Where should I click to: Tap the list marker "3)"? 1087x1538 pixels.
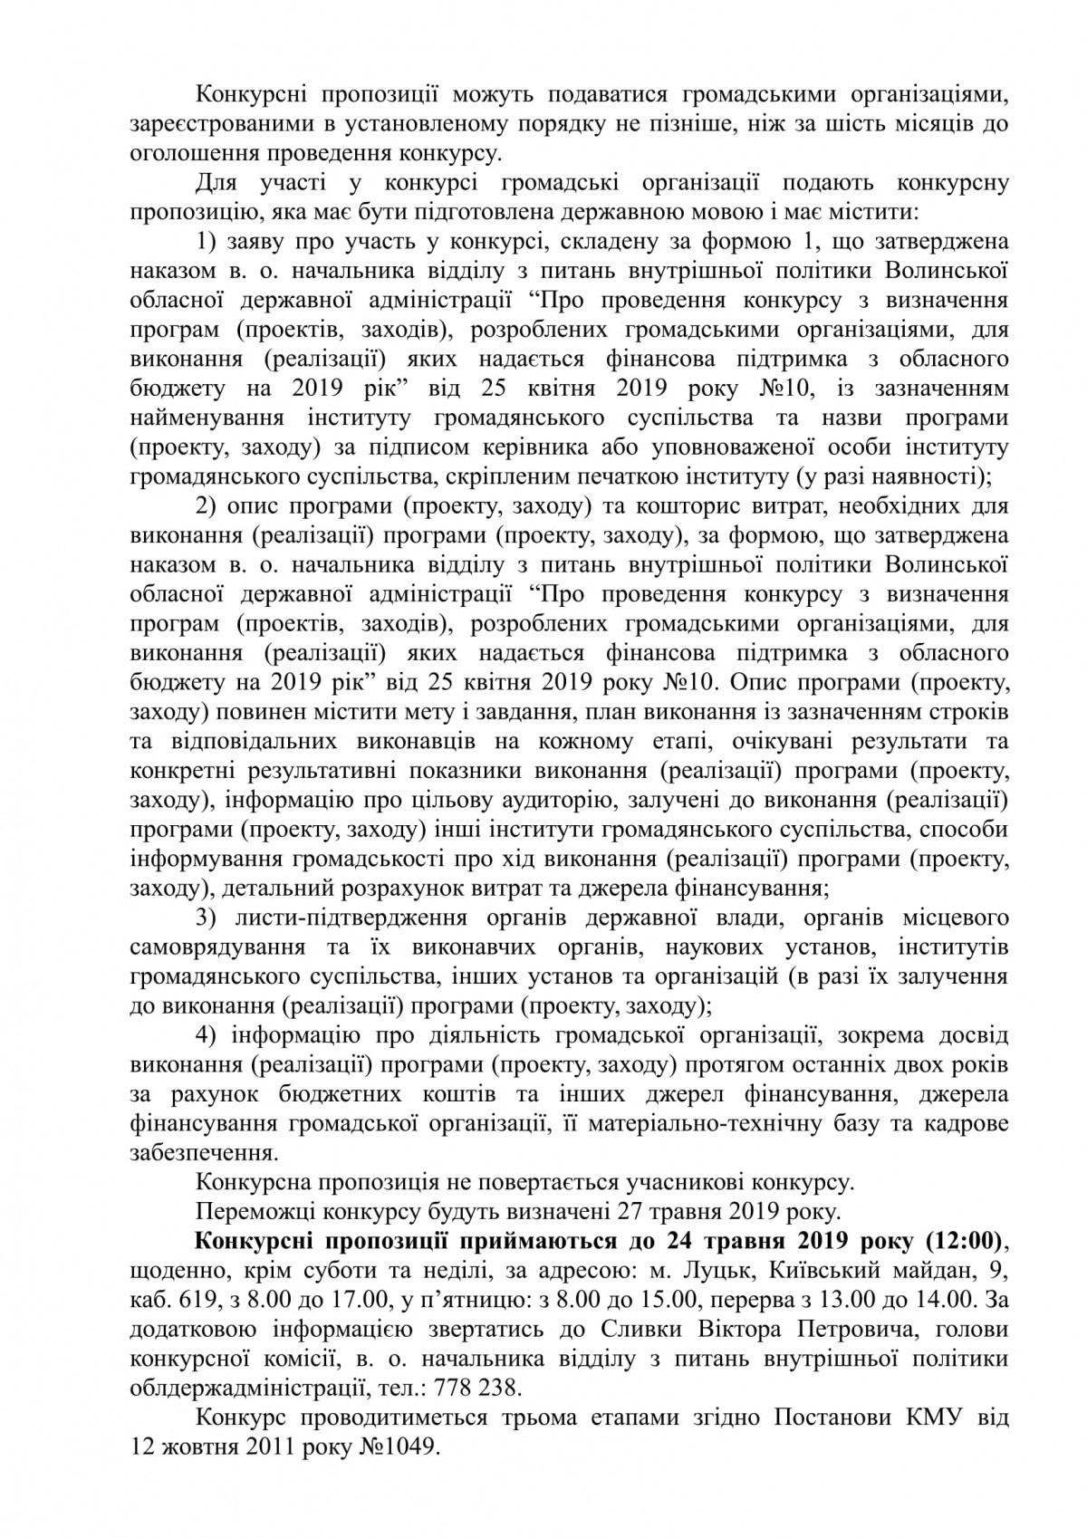[209, 918]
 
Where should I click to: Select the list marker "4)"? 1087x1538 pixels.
[209, 1035]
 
